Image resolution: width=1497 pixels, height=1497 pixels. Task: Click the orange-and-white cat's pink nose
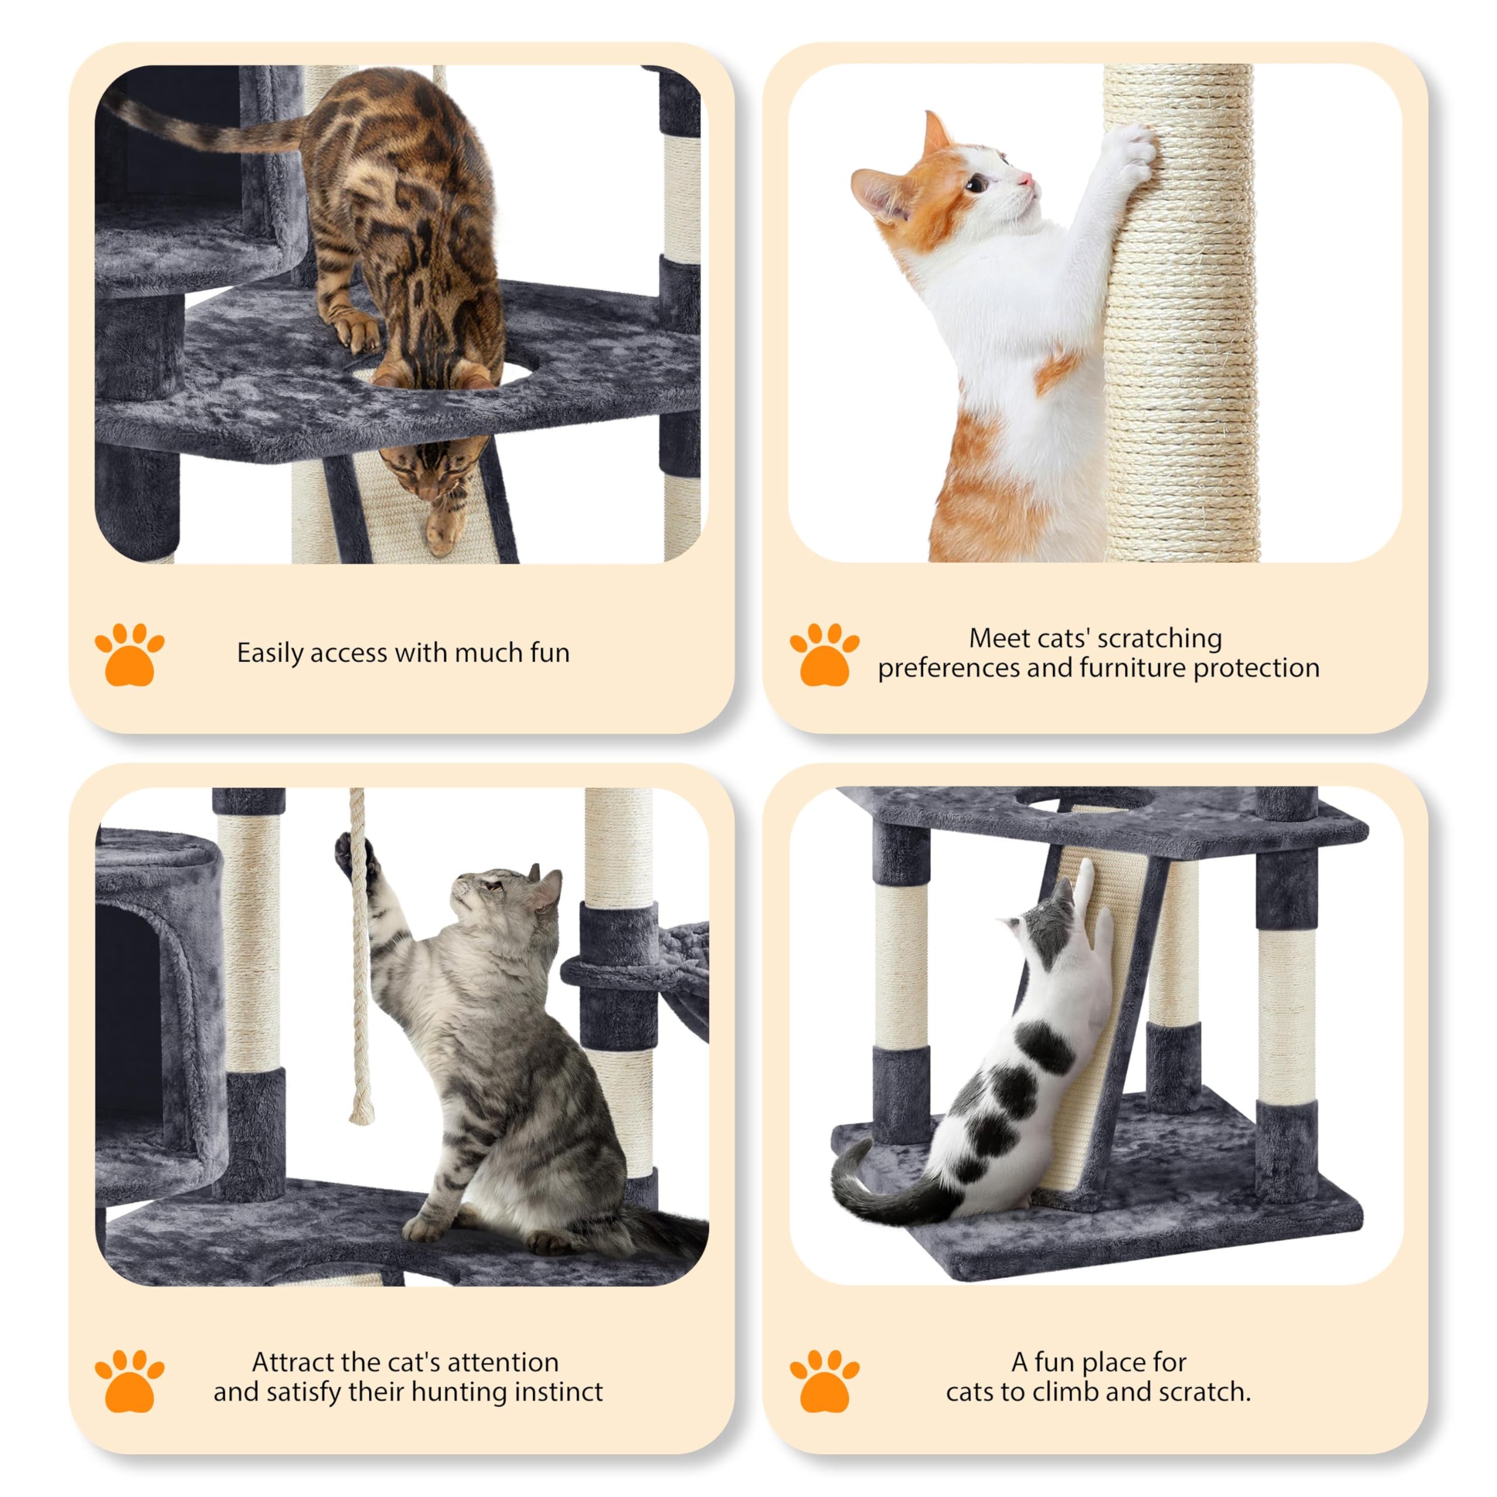1027,180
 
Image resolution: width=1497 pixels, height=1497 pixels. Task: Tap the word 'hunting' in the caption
460,1392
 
